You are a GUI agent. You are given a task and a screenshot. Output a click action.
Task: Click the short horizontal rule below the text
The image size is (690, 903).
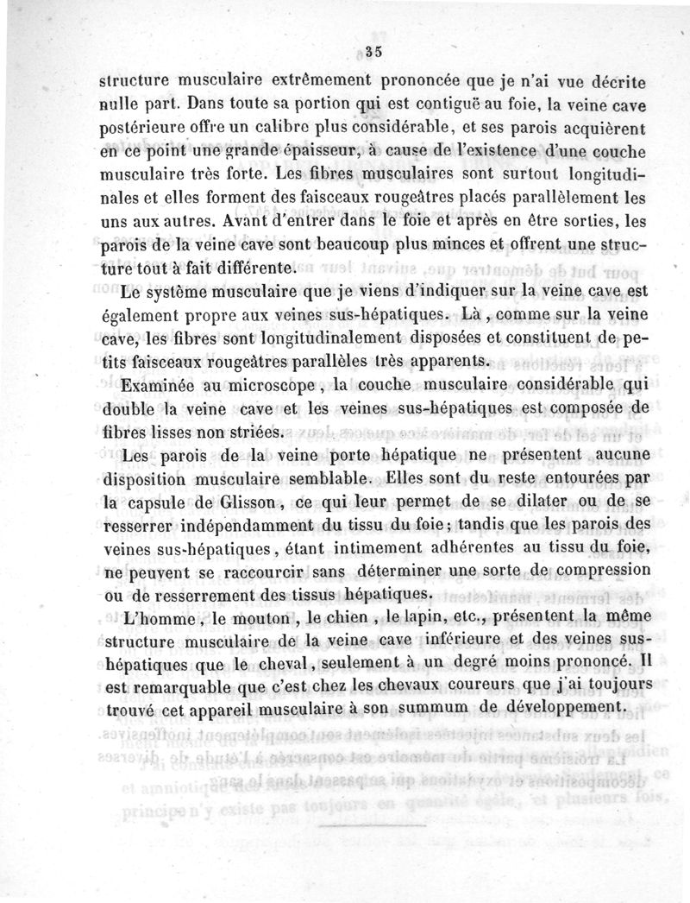coord(373,829)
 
